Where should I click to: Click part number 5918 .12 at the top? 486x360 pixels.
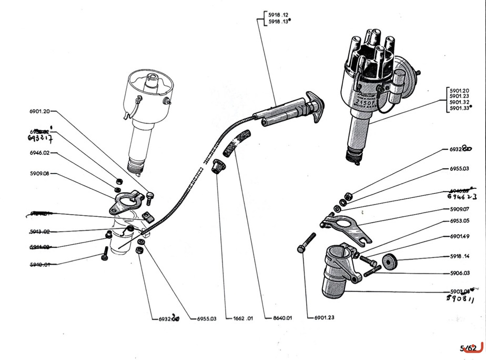point(278,15)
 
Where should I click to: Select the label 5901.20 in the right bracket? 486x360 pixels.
point(459,90)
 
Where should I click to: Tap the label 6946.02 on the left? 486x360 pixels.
point(40,154)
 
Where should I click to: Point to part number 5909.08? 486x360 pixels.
point(39,174)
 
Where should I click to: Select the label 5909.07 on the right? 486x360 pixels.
point(459,209)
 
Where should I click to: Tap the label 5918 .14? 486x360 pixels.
point(459,257)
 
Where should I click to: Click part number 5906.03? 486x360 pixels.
point(459,273)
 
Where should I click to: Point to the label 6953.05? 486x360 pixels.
point(459,222)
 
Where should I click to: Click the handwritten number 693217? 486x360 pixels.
point(42,138)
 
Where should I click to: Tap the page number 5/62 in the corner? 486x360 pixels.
point(468,348)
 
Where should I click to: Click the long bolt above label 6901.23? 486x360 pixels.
point(306,244)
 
